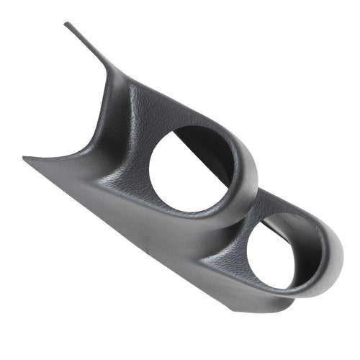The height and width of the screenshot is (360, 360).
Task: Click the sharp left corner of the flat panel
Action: tap(24, 158)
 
